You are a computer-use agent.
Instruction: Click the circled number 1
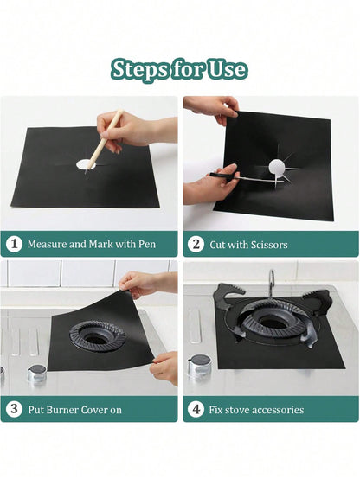click(x=14, y=244)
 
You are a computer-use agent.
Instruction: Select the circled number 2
click(x=196, y=245)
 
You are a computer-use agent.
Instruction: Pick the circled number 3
click(x=14, y=409)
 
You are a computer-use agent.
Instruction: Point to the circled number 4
click(x=196, y=409)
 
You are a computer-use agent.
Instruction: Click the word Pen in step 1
click(x=147, y=244)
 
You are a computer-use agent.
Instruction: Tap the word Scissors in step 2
click(x=269, y=245)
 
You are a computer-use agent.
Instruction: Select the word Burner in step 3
click(x=59, y=410)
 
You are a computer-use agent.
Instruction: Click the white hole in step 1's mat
click(x=86, y=164)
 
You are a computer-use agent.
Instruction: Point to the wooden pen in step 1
click(x=103, y=141)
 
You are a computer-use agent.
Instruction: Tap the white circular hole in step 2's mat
click(x=277, y=167)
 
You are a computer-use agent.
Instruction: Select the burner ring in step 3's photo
click(x=98, y=336)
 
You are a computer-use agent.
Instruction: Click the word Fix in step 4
click(x=215, y=410)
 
